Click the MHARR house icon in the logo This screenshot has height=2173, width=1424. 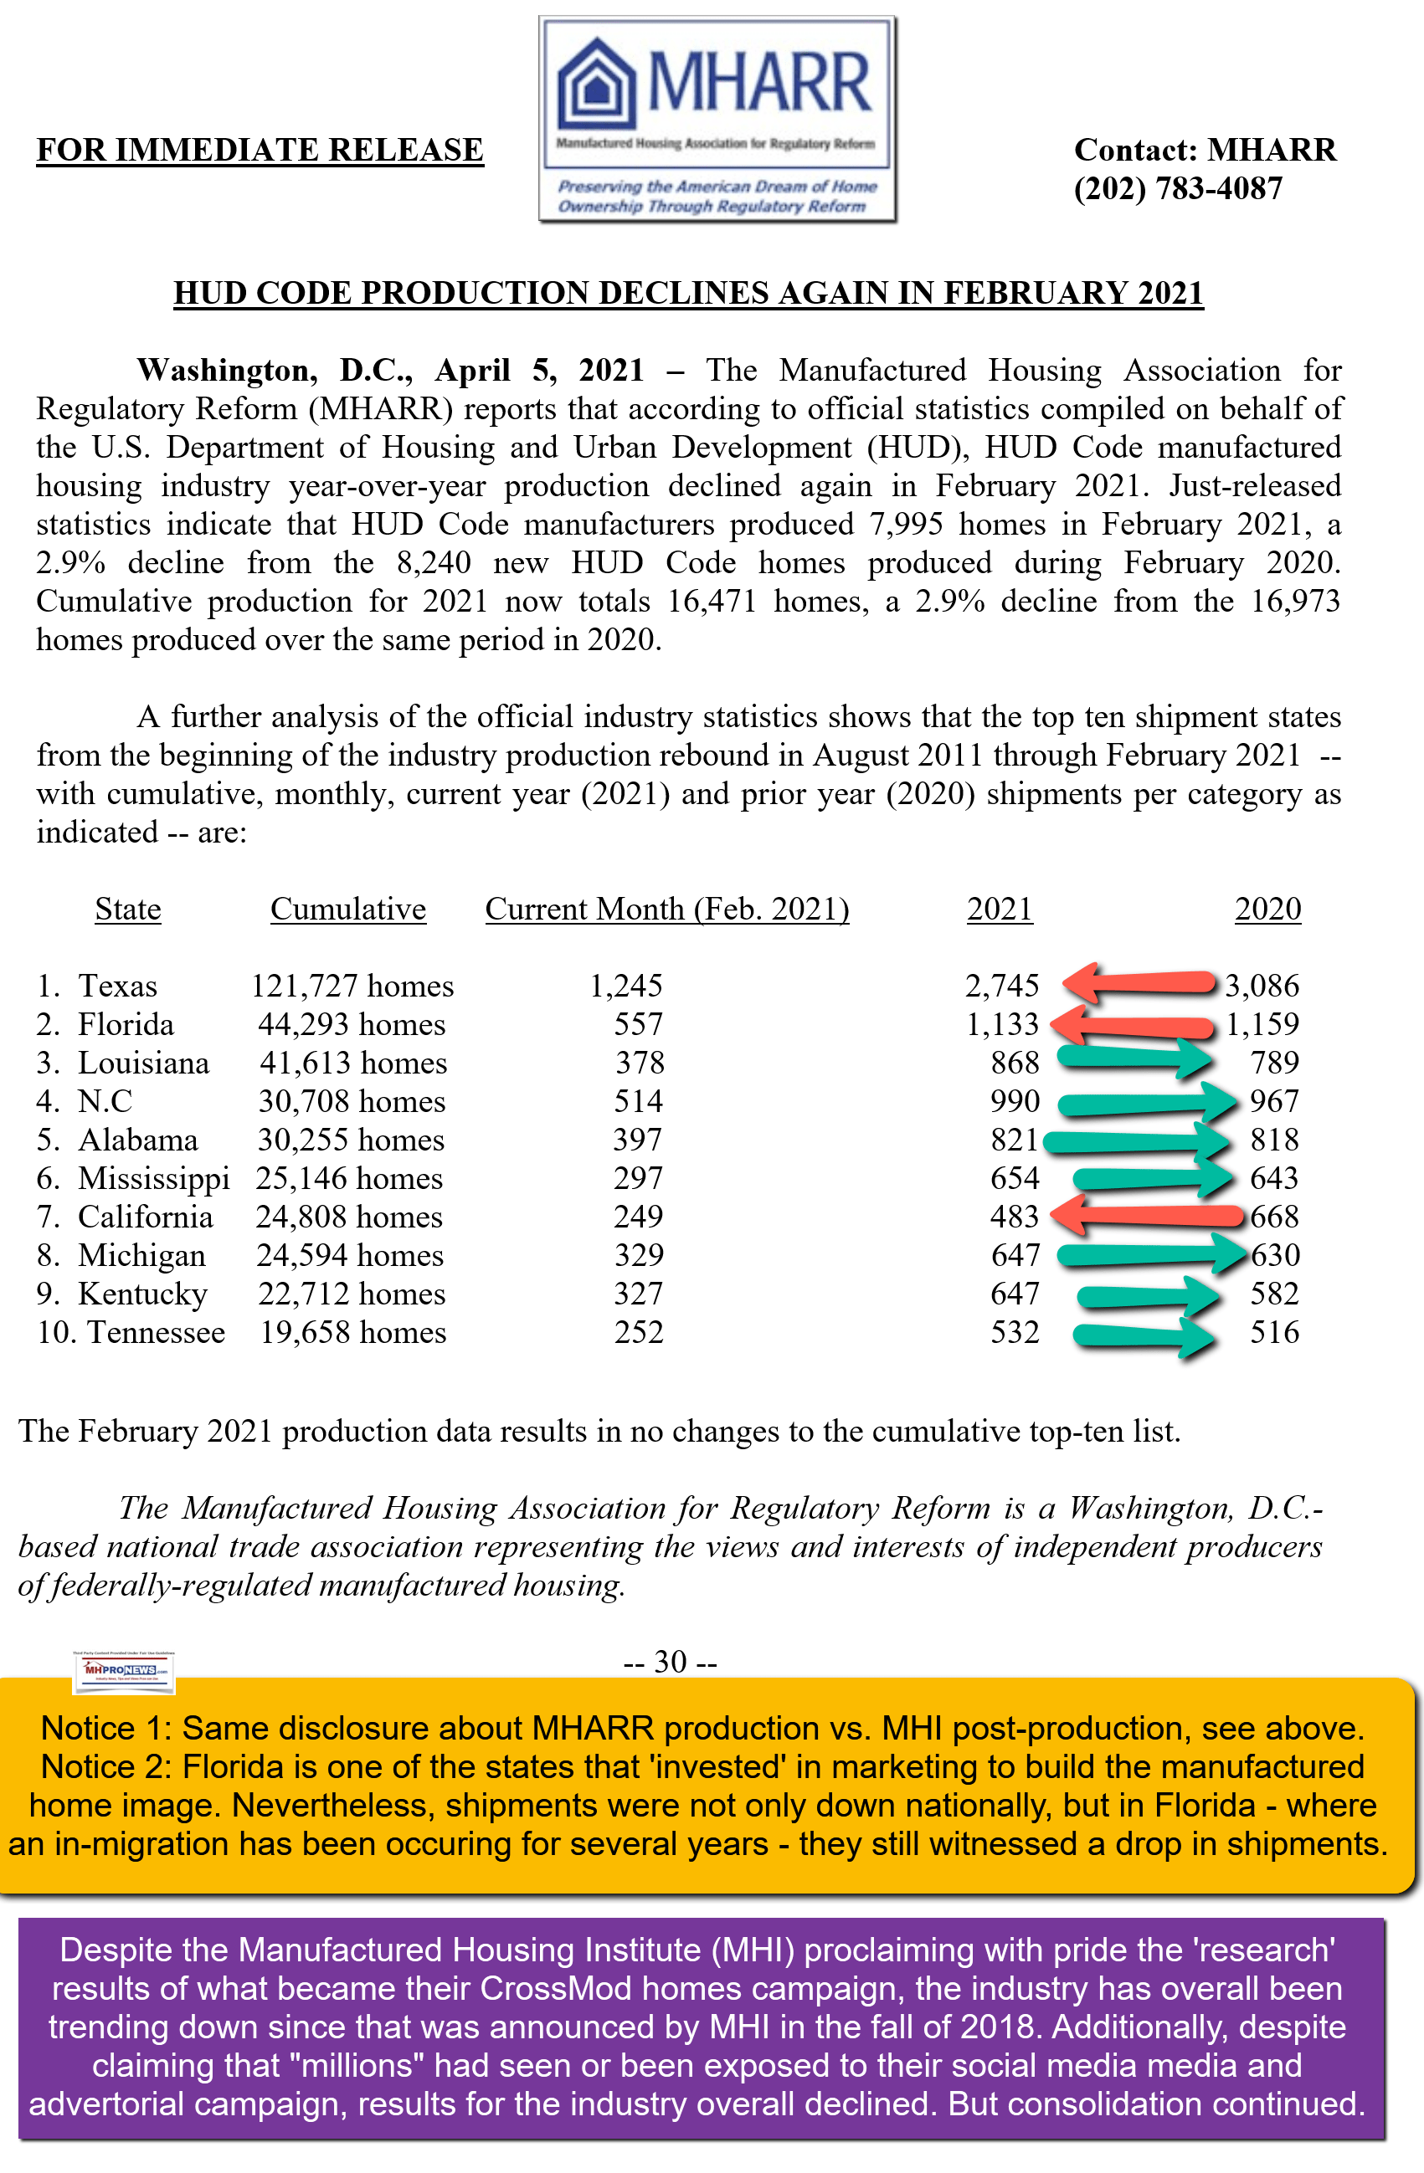coord(596,84)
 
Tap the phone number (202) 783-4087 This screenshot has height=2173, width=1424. coord(1177,189)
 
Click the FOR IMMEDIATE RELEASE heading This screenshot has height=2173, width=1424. coord(260,150)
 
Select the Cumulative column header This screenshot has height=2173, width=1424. coord(348,910)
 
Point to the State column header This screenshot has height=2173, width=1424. coord(128,910)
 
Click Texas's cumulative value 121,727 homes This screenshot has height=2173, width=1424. coord(352,986)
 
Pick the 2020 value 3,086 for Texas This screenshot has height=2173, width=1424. coord(1262,986)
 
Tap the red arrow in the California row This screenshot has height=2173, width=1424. coord(1147,1216)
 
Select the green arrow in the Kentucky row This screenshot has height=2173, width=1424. coord(1147,1294)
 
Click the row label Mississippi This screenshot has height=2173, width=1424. coord(153,1179)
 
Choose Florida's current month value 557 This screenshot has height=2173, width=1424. coord(638,1024)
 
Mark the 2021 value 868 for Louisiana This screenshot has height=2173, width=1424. coord(1015,1063)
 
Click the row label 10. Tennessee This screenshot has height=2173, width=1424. coord(131,1333)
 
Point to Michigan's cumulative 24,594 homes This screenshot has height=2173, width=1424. coord(350,1255)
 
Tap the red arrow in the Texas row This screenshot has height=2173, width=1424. coord(1140,983)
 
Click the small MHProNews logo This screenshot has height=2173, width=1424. coord(122,1671)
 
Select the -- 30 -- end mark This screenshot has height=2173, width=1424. coord(670,1662)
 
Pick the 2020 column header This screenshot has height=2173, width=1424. coord(1267,910)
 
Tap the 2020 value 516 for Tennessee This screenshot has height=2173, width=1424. coord(1274,1333)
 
